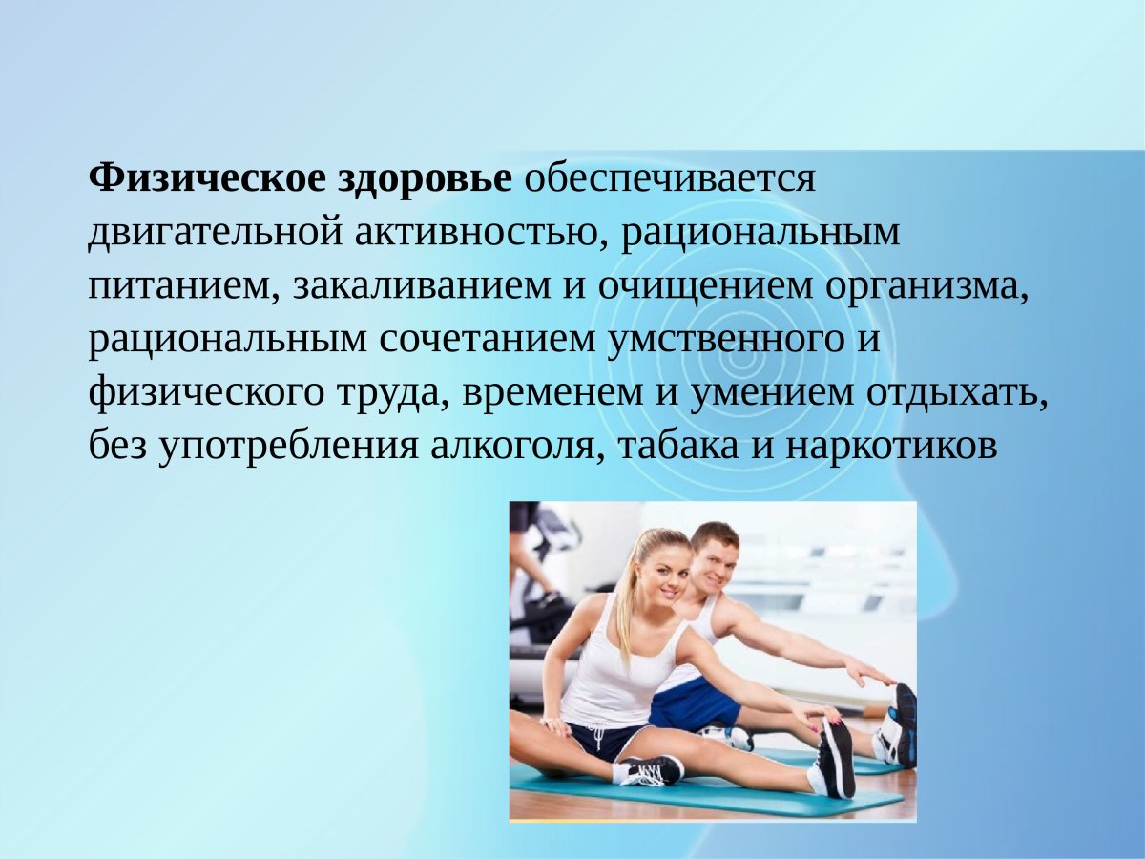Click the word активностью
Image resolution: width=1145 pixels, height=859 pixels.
point(468,232)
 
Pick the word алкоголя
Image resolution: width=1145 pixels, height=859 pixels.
point(515,446)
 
